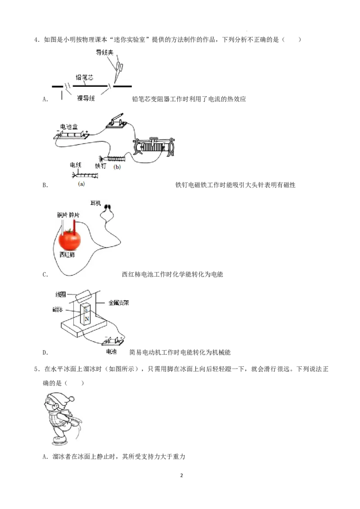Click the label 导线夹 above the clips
104,52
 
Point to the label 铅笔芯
85,77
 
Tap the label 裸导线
86,98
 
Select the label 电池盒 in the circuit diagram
69,127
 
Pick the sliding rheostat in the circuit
154,147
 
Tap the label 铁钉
100,166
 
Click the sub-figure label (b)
117,167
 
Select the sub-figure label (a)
81,184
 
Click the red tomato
70,240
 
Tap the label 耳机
96,203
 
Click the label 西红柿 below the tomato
67,255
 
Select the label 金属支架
119,303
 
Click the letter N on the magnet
87,319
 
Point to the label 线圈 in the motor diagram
61,295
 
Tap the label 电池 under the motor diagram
111,352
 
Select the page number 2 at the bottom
181,475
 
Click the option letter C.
45,275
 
